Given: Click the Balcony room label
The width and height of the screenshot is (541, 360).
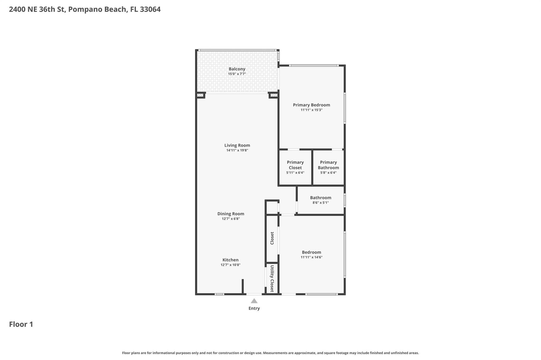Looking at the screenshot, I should [237, 69].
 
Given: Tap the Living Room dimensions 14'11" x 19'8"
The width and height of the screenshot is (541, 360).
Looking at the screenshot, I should [237, 150].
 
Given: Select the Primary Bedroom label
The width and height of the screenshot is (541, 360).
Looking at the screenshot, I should [311, 105].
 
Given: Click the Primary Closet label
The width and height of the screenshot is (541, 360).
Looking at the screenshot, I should [295, 165].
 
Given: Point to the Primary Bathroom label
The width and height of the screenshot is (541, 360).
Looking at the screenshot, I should [328, 165].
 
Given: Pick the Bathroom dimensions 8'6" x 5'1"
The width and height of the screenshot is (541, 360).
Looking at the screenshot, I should [320, 203].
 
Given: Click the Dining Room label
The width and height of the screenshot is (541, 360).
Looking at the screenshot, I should [231, 214].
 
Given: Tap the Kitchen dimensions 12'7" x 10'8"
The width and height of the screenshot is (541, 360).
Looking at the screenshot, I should [230, 265].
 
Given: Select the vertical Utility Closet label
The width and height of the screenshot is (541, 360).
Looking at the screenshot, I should [272, 278].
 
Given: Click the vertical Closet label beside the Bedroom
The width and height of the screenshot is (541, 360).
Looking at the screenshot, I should [272, 238].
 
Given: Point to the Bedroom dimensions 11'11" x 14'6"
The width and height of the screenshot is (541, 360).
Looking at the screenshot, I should [311, 257].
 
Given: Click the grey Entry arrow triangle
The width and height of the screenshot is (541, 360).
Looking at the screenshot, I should [254, 301].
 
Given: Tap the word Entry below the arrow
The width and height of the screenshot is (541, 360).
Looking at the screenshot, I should [254, 308].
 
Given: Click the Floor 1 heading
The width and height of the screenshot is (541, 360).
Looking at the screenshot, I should [21, 324].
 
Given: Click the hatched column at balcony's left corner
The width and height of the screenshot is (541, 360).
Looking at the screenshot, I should [200, 95].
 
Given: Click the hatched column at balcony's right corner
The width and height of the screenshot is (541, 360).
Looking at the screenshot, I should [274, 95].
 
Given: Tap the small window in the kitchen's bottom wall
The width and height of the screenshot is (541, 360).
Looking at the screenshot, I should [219, 294].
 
